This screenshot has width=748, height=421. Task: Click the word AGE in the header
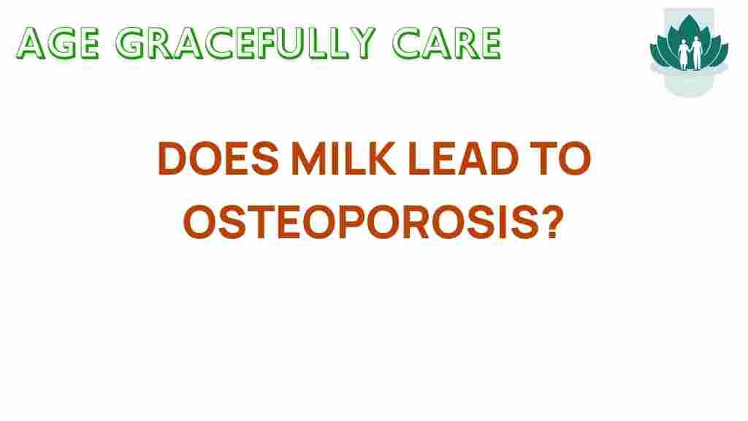click(58, 43)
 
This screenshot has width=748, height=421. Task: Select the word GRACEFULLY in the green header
click(245, 43)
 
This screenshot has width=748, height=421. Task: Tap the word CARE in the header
click(447, 43)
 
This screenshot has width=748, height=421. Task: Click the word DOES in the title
click(218, 158)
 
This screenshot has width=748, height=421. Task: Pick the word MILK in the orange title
click(343, 158)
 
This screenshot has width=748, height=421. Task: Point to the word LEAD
click(463, 158)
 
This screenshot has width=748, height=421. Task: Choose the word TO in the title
click(561, 158)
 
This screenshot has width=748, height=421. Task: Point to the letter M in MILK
click(309, 158)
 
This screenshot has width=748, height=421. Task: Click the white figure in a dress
click(684, 54)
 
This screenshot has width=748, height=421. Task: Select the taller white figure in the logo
click(697, 53)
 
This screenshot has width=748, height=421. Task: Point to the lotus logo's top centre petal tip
click(690, 15)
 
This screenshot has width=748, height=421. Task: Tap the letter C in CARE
click(406, 43)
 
